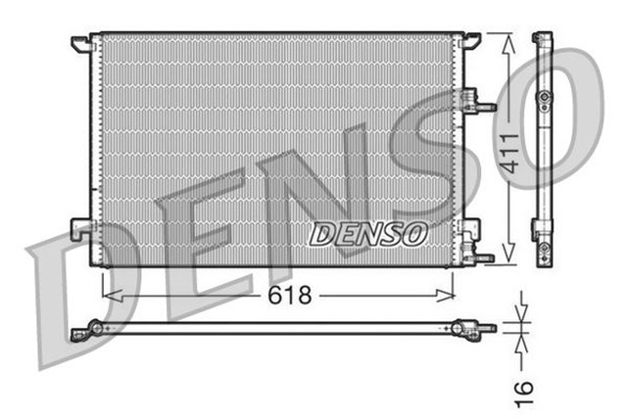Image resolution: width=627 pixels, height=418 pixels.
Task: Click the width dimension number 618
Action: [x=292, y=295]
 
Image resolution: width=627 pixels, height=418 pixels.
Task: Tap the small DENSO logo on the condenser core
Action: [x=369, y=235]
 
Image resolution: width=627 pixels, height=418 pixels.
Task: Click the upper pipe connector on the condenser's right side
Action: [x=479, y=101]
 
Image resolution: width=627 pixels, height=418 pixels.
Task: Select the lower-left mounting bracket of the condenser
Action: [x=80, y=231]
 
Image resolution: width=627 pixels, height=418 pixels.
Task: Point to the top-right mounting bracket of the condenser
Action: [x=471, y=40]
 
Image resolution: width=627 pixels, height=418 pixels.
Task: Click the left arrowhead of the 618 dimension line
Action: [x=109, y=294]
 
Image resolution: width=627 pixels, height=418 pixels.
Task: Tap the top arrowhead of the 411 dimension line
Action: [x=506, y=39]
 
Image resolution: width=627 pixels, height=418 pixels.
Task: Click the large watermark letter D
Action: [x=73, y=303]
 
